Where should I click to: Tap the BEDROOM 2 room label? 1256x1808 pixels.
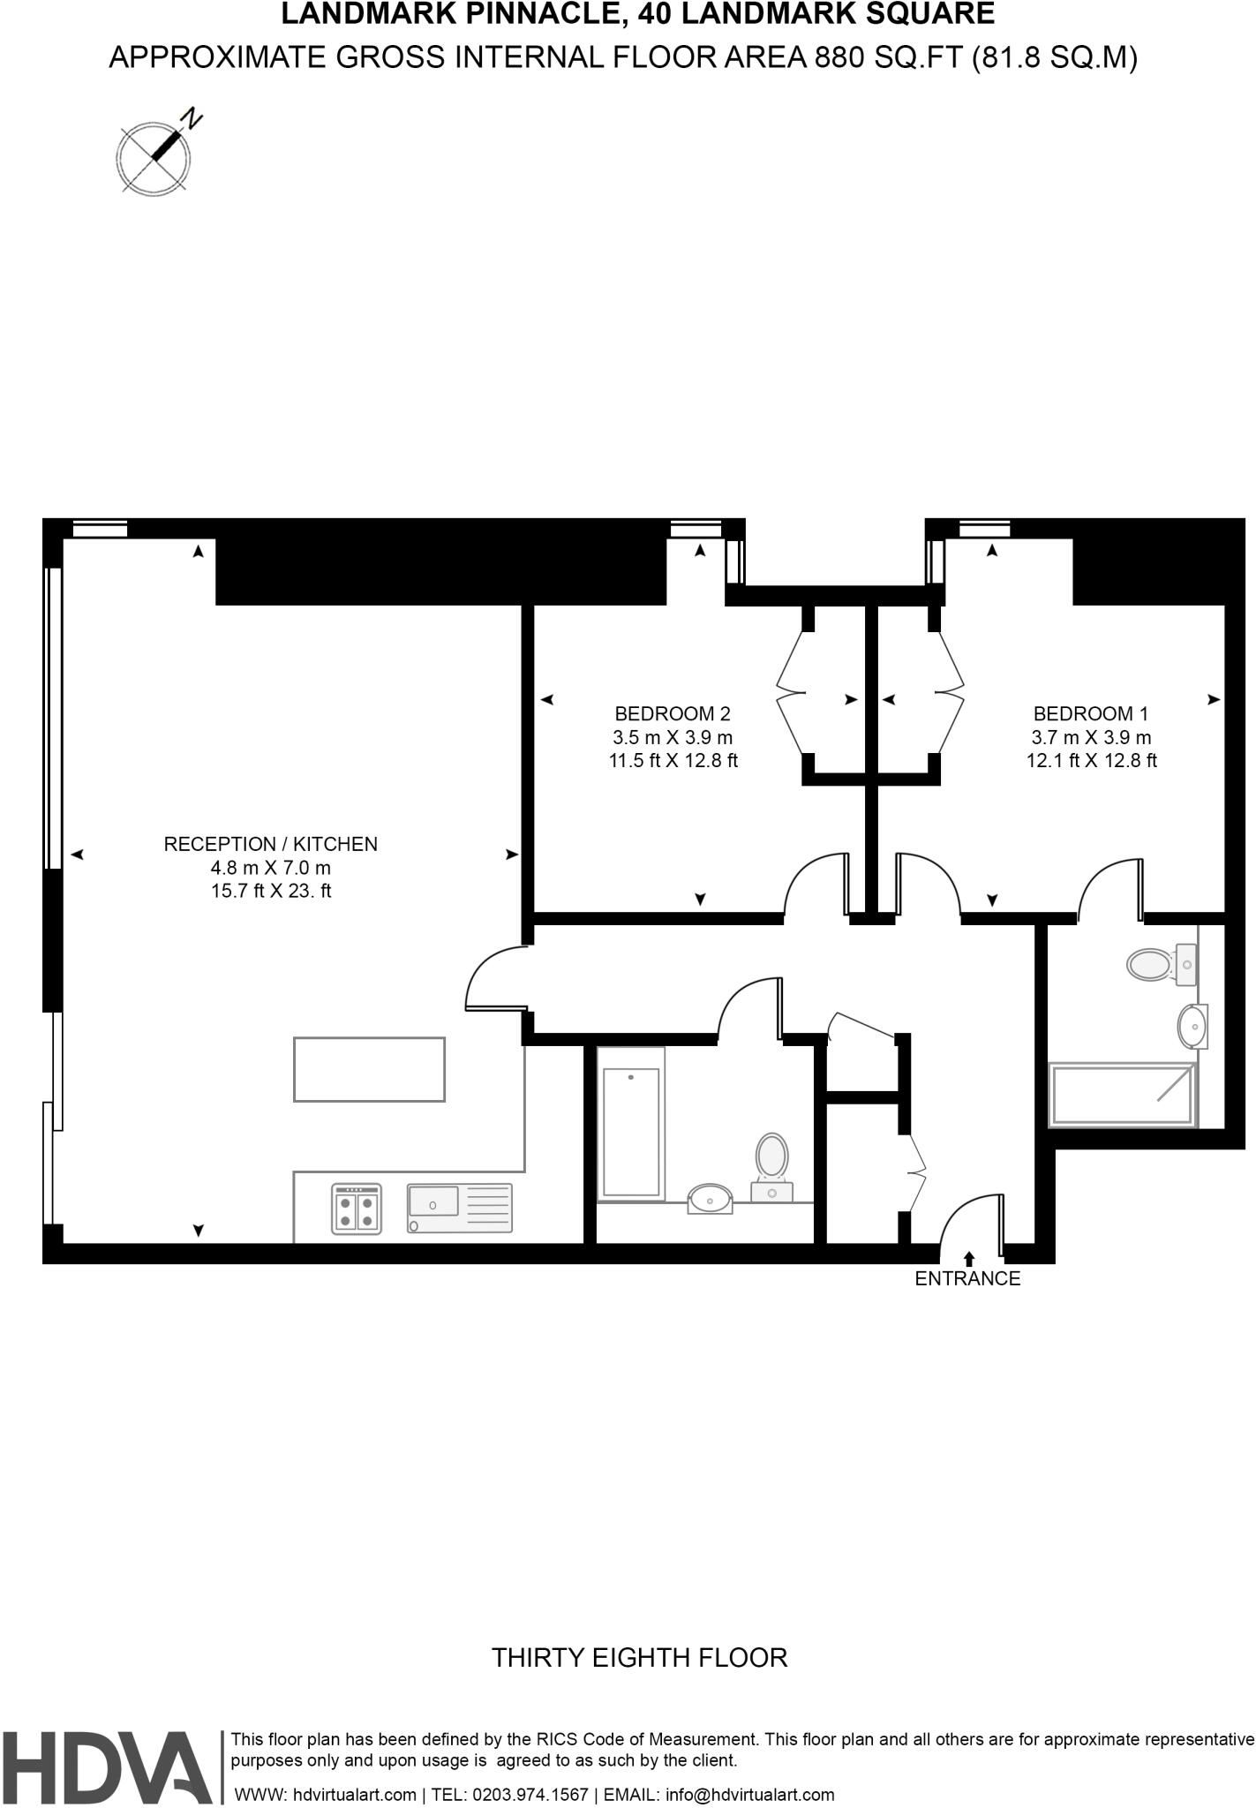pos(673,713)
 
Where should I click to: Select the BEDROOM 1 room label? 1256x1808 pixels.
pos(1091,713)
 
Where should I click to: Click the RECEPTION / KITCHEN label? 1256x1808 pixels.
pos(270,844)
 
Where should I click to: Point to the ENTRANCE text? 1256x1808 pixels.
pos(967,1278)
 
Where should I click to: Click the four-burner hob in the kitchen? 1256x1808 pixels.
pos(357,1208)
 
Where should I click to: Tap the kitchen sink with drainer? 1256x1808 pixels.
pos(459,1208)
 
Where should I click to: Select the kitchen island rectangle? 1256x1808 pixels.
pos(369,1069)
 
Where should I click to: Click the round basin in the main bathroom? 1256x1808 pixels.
pos(711,1199)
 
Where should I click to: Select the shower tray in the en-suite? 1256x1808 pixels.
pos(1121,1095)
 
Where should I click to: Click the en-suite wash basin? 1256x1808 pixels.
pos(1192,1027)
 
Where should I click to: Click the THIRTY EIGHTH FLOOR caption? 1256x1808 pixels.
pos(639,1657)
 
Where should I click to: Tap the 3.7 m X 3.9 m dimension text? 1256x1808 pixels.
pos(1091,737)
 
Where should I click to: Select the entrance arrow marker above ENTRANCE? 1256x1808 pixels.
pos(969,1259)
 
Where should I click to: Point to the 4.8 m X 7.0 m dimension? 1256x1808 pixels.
pos(270,868)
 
